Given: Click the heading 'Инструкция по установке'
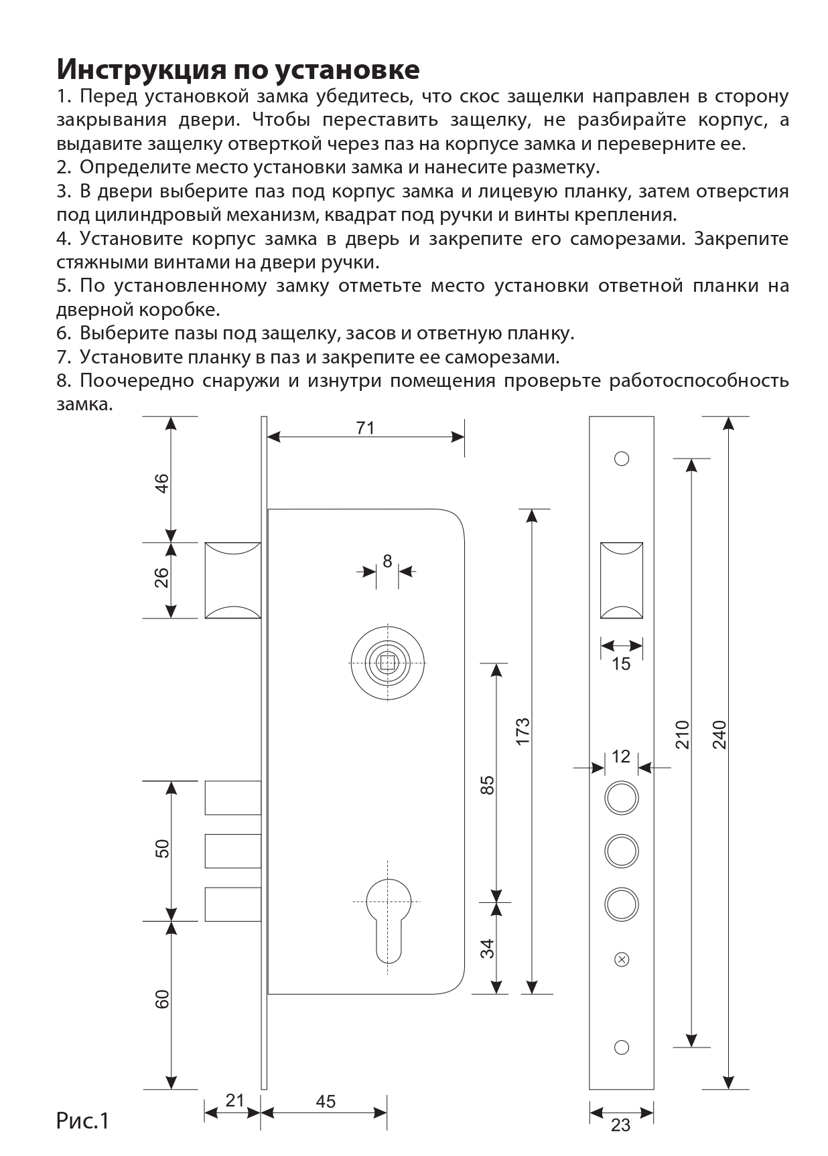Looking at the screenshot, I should click(238, 69).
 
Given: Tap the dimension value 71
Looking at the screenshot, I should click(365, 428).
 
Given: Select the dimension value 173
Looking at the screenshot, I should click(523, 731).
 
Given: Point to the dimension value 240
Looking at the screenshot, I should click(719, 734).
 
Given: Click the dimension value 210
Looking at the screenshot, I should click(681, 734).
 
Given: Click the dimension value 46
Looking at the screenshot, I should click(161, 483).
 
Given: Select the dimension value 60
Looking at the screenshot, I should click(161, 999).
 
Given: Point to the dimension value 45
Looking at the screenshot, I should click(326, 1101).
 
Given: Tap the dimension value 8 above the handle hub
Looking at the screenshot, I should click(387, 561).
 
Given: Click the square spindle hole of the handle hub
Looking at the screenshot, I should click(387, 662).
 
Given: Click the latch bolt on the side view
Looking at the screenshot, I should click(232, 580).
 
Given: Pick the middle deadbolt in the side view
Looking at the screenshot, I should click(232, 850).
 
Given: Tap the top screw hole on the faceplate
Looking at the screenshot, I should click(622, 459).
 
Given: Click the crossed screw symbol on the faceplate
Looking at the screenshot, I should click(622, 959).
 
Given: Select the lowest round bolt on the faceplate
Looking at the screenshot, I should click(622, 904).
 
